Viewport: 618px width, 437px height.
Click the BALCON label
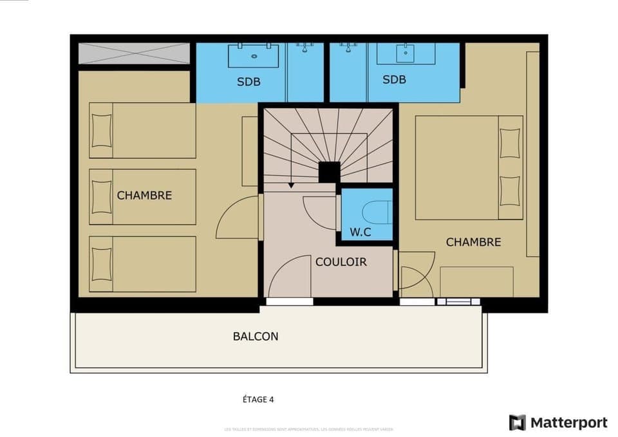256,336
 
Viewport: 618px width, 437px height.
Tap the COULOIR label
341,262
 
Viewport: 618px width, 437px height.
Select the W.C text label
360,232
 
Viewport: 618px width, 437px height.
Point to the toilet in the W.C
377,211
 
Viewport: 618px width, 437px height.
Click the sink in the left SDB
254,55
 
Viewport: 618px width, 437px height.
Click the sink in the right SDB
406,53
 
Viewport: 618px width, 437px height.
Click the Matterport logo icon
517,423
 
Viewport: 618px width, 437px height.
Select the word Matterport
568,423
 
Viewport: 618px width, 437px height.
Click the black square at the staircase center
329,172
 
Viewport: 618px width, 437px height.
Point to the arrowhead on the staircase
291,185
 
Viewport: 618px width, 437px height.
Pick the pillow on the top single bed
102,130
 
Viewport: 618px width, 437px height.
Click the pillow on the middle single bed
101,196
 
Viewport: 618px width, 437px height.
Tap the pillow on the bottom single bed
101,263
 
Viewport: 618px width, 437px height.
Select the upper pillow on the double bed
509,142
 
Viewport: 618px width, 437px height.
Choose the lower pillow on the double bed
509,190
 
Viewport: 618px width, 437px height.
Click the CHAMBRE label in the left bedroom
144,195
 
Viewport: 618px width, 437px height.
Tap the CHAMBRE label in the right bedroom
473,242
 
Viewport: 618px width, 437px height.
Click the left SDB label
248,82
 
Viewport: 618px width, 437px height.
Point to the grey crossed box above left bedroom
134,53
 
